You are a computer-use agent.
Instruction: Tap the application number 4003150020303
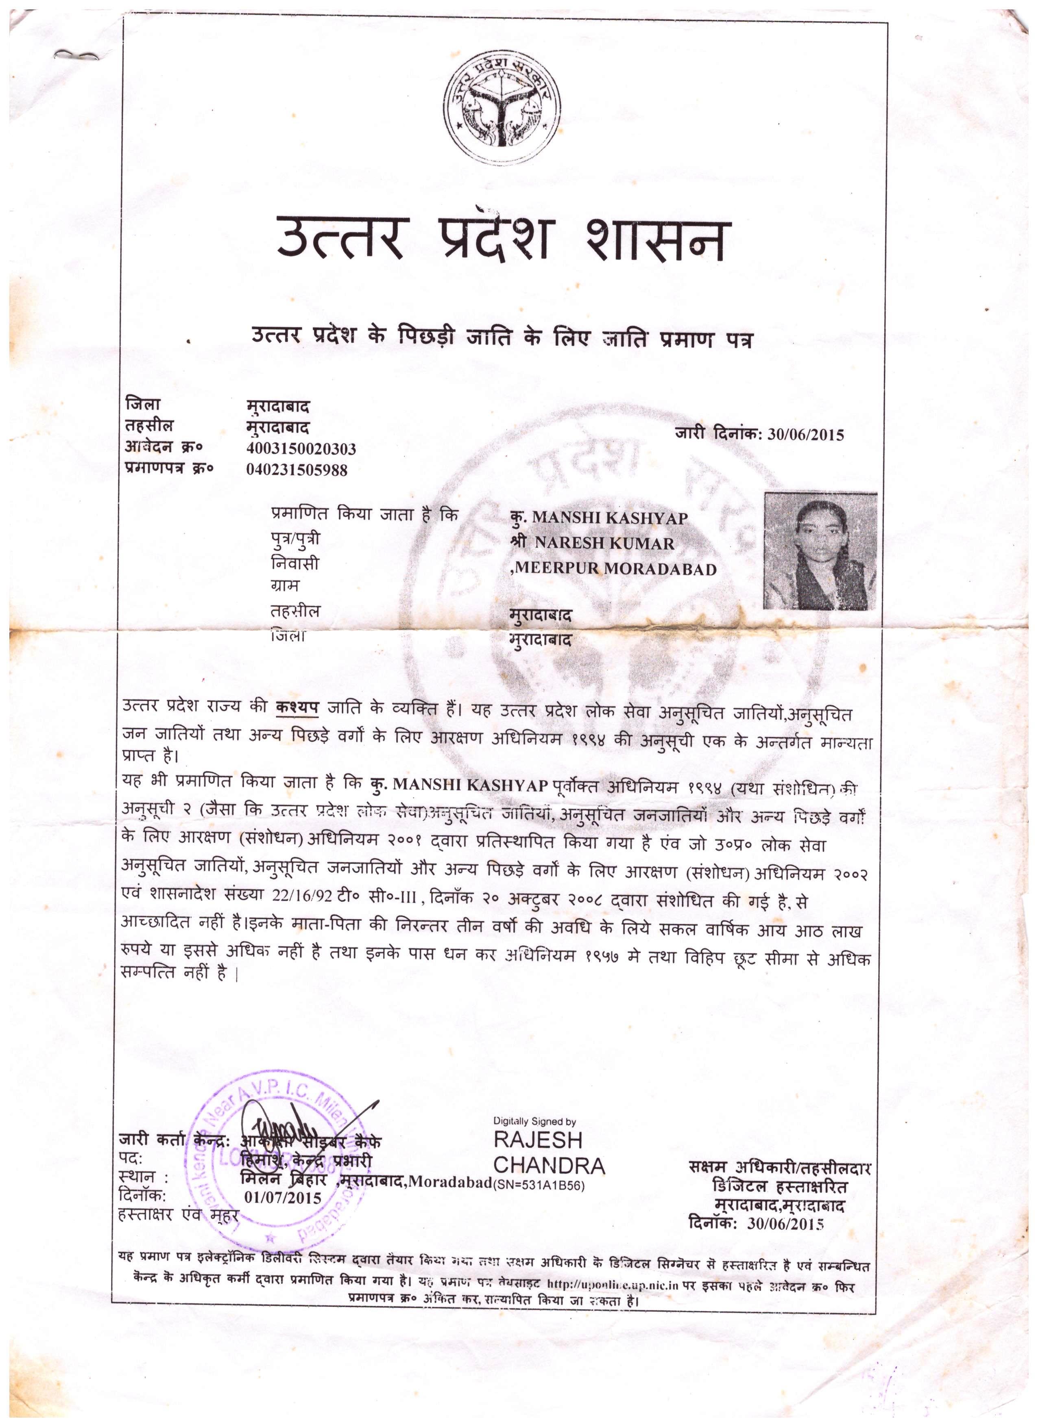tap(301, 448)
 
